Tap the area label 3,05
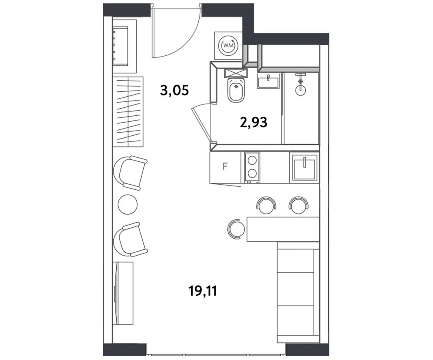pyautogui.click(x=175, y=90)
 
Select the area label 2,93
pyautogui.click(x=254, y=122)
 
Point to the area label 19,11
pyautogui.click(x=203, y=291)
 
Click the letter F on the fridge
pyautogui.click(x=225, y=166)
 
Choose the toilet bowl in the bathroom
pyautogui.click(x=236, y=90)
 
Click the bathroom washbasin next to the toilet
pyautogui.click(x=268, y=82)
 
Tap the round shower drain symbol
pyautogui.click(x=301, y=89)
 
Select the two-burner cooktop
pyautogui.click(x=252, y=168)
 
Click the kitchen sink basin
pyautogui.click(x=304, y=167)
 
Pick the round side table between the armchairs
pyautogui.click(x=128, y=204)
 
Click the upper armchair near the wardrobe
pyautogui.click(x=130, y=173)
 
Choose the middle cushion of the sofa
pyautogui.click(x=296, y=289)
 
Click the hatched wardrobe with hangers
pyautogui.click(x=128, y=112)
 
